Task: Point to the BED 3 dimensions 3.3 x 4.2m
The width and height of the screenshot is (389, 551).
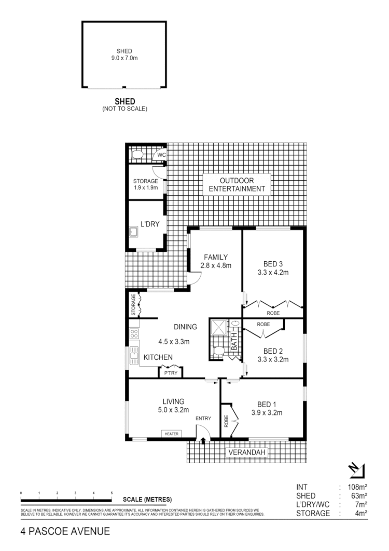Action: click(x=273, y=272)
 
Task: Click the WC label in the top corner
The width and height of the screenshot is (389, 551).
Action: click(x=161, y=155)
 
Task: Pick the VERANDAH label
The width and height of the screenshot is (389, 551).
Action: click(x=246, y=453)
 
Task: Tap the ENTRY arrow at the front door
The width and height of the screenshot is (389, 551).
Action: click(x=203, y=440)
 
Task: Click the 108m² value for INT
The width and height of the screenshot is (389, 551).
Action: click(x=357, y=487)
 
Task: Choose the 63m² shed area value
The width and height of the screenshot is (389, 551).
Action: click(x=359, y=496)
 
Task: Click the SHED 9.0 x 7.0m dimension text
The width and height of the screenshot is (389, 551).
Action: click(x=124, y=58)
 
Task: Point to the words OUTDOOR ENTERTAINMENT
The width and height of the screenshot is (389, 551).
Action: click(x=240, y=184)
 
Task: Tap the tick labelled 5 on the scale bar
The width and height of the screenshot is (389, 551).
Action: click(x=112, y=493)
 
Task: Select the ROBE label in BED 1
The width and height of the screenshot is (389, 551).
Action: click(x=226, y=421)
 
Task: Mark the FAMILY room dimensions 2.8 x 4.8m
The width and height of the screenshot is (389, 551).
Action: click(x=215, y=265)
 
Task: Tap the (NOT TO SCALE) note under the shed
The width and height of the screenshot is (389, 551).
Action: click(x=124, y=109)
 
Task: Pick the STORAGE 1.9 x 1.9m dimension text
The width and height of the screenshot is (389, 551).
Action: click(x=145, y=187)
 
